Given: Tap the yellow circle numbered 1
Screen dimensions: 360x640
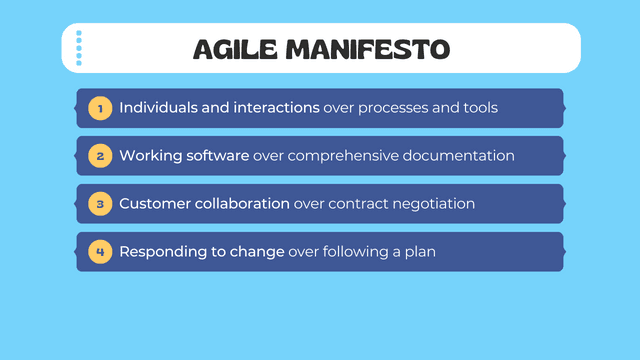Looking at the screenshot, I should coord(99,107).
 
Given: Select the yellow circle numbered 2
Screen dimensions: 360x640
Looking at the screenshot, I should coord(99,155).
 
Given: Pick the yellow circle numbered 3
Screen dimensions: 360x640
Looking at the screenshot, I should coord(99,203).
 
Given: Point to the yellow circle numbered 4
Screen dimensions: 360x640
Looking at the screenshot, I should coord(99,251).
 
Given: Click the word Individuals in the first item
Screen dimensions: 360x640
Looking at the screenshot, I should coord(158,107).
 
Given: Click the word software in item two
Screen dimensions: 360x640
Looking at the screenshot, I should coord(217,155).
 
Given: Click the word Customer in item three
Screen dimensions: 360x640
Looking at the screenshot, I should coord(153,203).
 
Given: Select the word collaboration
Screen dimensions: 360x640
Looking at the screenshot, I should coord(240,203).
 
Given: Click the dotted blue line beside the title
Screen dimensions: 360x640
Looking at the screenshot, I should coord(79,48).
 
